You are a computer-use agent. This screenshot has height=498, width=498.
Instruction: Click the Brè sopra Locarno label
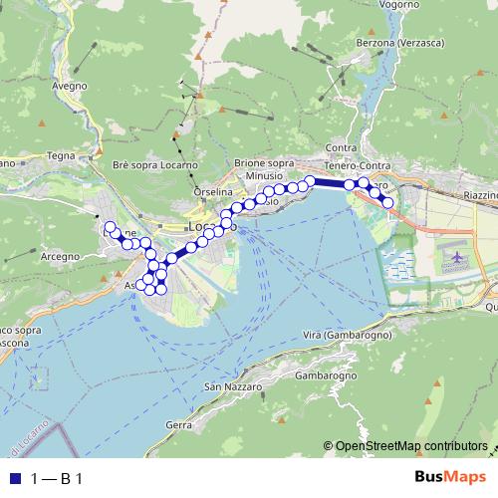155,164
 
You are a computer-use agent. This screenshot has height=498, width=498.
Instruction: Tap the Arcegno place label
61,256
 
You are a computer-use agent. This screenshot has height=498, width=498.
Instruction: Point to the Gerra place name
178,424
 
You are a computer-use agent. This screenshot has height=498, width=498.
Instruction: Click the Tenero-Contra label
359,165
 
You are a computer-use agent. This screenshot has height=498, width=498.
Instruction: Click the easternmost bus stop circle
388,203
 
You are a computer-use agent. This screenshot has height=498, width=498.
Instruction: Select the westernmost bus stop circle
110,228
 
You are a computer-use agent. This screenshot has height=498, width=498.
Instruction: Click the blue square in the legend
13,478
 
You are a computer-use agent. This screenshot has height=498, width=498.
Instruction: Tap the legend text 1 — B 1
57,478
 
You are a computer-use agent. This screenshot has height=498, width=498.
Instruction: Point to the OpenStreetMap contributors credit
411,445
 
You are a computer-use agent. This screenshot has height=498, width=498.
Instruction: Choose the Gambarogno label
326,376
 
